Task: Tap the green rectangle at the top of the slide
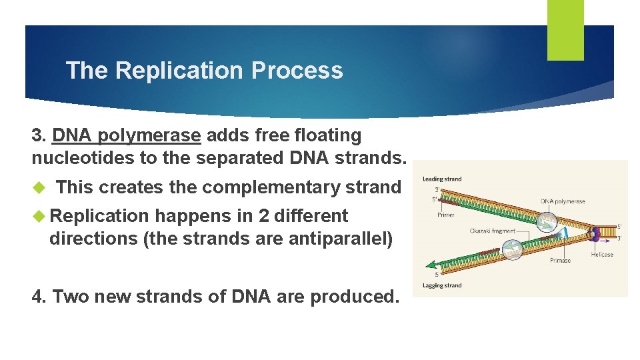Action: (565, 29)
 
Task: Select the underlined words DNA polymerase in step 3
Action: (126, 135)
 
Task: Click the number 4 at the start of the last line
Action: (37, 296)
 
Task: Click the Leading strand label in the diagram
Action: (441, 179)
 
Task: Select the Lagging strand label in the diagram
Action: (441, 285)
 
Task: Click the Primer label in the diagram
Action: (446, 215)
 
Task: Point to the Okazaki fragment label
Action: (492, 231)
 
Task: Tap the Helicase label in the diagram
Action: (601, 255)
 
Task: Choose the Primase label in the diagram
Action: (560, 261)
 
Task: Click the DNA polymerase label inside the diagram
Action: (563, 201)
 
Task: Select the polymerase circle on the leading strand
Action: (548, 222)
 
